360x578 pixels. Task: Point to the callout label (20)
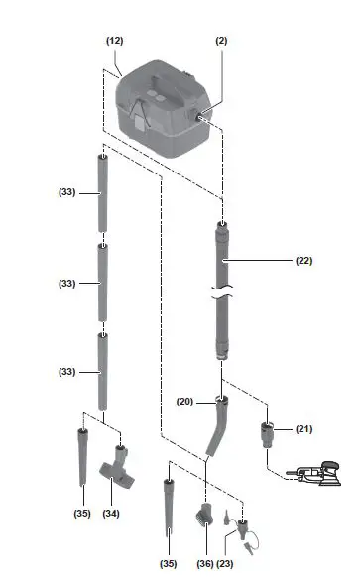(184, 401)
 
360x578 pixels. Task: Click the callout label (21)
(303, 428)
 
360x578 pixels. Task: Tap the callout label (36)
(205, 563)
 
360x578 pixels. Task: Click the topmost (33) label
(66, 192)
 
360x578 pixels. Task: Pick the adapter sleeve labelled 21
(268, 434)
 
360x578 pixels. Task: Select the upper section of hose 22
(222, 258)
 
